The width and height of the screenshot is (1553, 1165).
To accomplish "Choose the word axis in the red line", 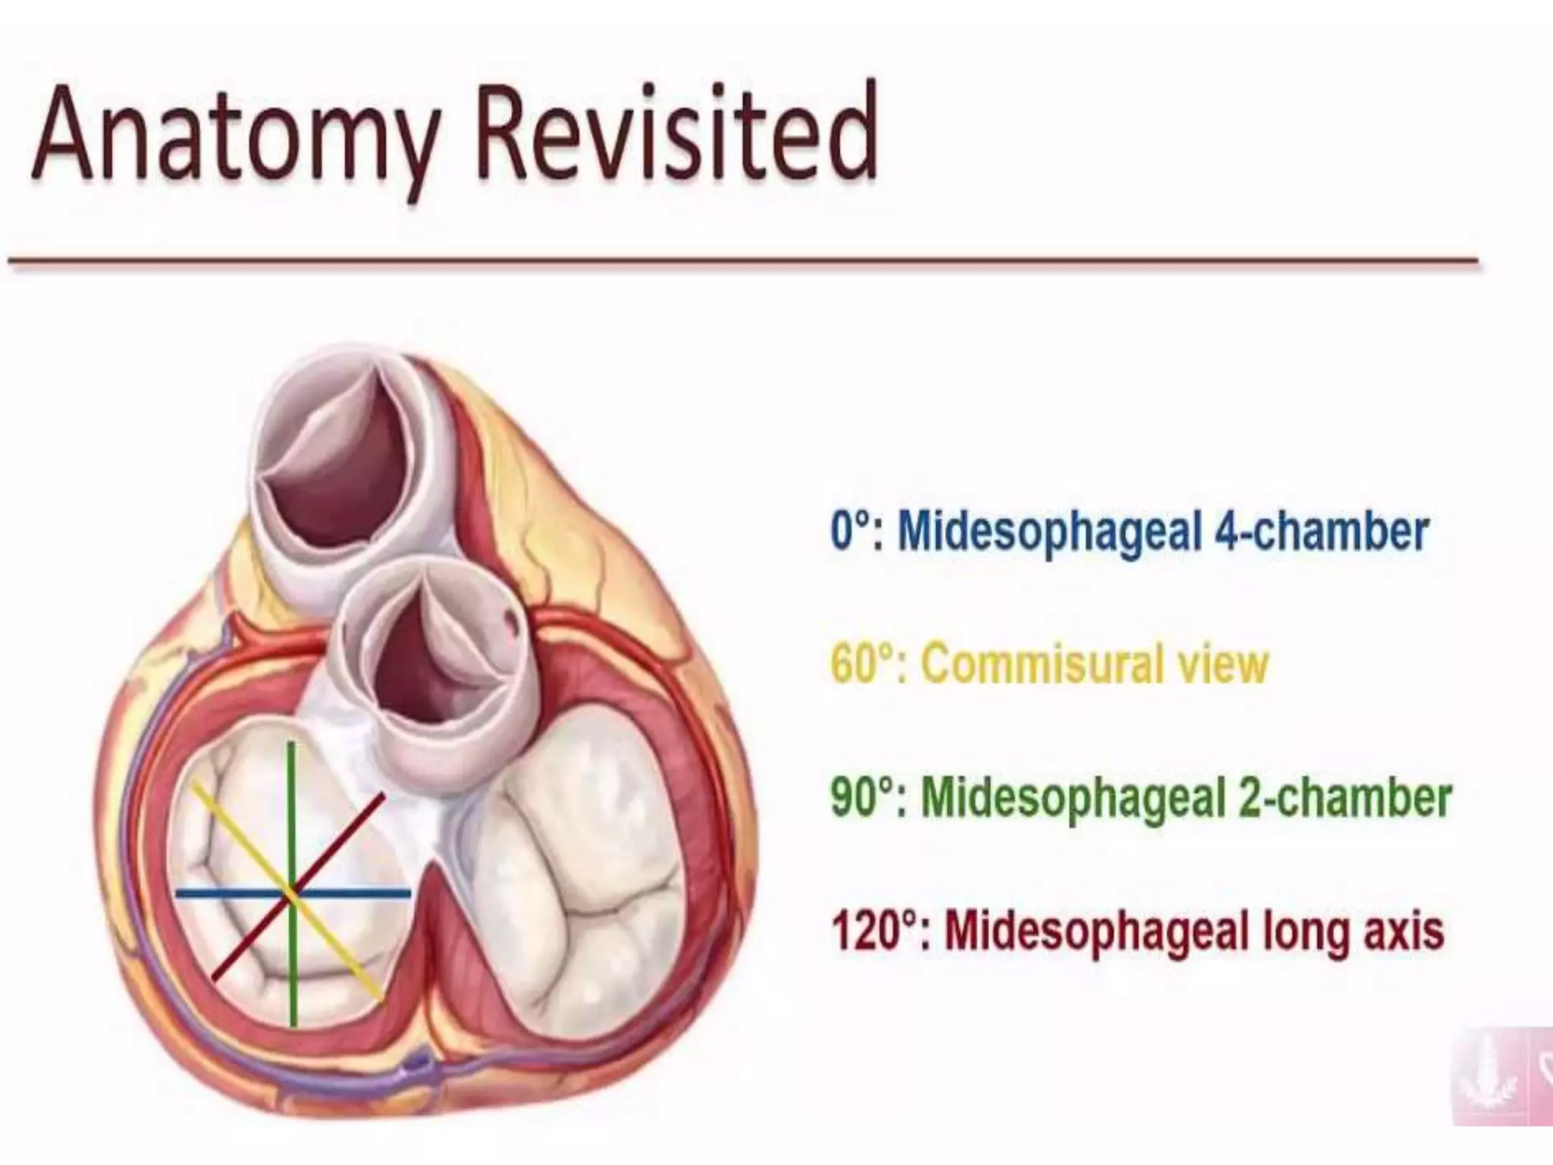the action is pos(1404,931).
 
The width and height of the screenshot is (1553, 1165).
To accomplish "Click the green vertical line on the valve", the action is pos(292,796).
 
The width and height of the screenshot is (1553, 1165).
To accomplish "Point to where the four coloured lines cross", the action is pos(292,893).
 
